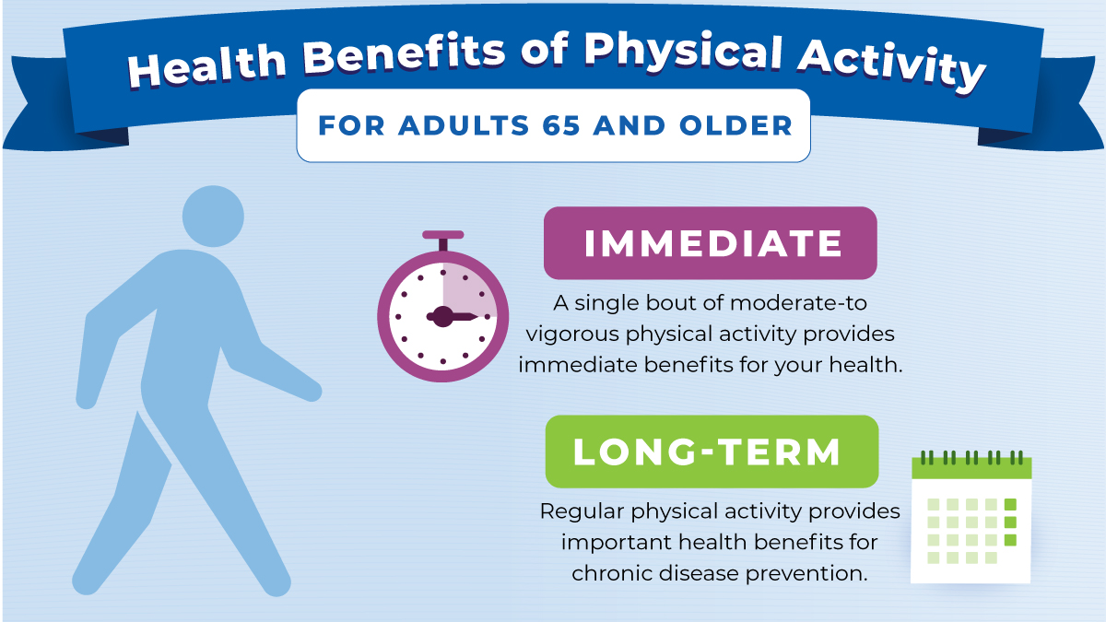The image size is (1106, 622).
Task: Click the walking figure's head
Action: point(213,217)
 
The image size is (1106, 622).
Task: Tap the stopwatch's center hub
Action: point(442,317)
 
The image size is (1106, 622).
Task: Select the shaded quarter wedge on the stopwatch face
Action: point(466,293)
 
